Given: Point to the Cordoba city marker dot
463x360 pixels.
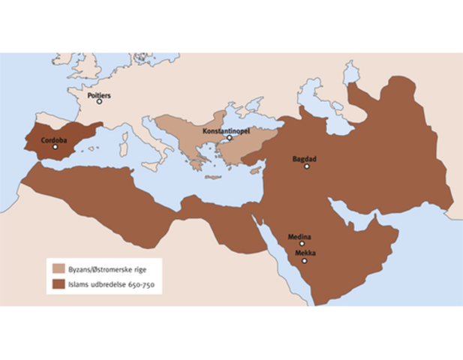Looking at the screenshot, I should tap(55, 148).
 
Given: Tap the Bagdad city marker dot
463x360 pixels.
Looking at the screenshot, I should tap(306, 166).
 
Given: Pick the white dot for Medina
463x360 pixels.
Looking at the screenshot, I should tap(302, 244).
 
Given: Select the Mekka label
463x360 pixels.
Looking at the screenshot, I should tap(305, 253).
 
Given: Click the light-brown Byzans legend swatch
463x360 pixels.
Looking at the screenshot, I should tap(58, 268).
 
